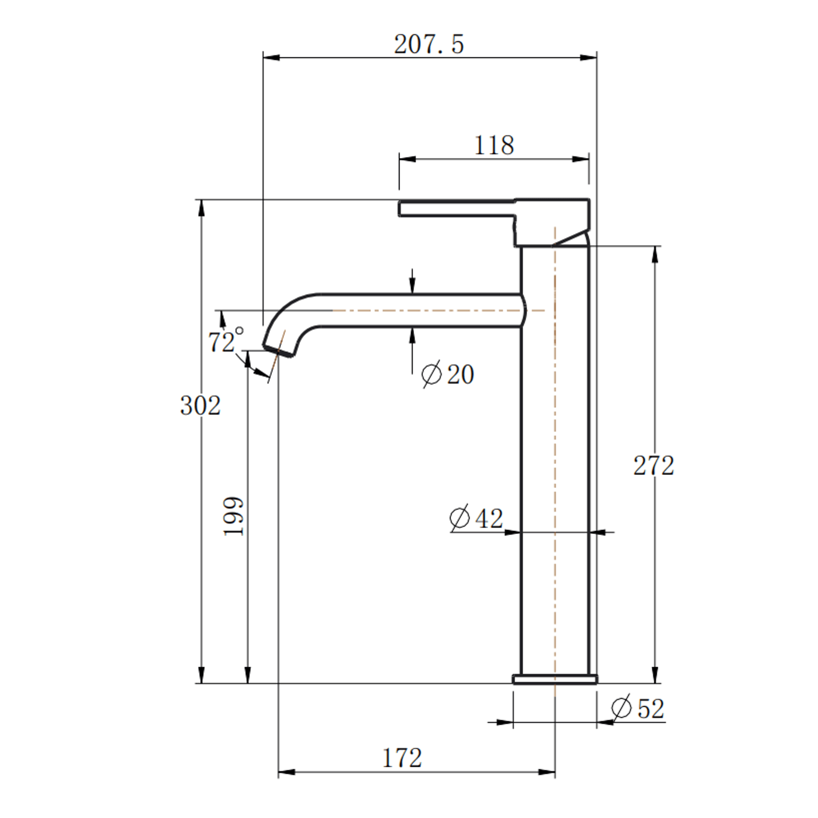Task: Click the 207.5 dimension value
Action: tap(429, 44)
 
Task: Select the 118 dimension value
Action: tap(494, 145)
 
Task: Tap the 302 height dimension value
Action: tap(200, 406)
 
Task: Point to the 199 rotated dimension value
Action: tap(233, 516)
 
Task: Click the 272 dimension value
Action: tap(654, 465)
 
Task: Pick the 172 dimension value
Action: tap(402, 758)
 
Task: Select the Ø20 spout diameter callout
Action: tap(447, 374)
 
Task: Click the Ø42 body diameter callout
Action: tap(476, 518)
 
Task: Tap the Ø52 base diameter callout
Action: tap(637, 708)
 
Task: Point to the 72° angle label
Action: tap(225, 341)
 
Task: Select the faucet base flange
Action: tap(555, 679)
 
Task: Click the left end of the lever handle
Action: tap(400, 208)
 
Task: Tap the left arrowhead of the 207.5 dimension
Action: tap(271, 58)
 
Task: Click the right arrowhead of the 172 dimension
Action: tap(548, 772)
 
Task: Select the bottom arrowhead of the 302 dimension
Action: tap(201, 675)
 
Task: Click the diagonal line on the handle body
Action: tap(570, 238)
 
